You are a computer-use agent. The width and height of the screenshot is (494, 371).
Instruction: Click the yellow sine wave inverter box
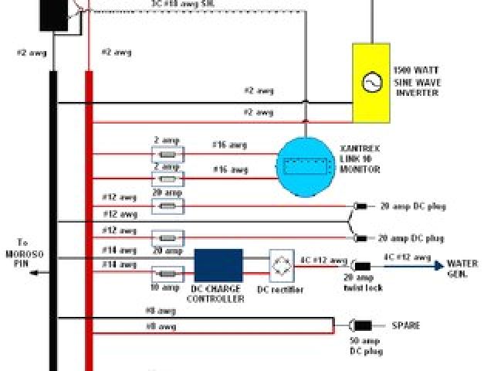tap(371, 83)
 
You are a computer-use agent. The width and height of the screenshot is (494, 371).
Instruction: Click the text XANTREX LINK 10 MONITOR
tap(361, 158)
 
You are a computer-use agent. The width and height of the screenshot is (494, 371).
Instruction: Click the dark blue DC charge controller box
tap(218, 266)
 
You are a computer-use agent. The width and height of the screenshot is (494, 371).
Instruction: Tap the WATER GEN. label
tap(462, 269)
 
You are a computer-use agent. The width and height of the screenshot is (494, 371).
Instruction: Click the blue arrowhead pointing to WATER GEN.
tap(438, 266)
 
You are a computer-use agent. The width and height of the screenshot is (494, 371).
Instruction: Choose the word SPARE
tap(406, 325)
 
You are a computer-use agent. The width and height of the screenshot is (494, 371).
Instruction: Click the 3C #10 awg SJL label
tap(183, 4)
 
